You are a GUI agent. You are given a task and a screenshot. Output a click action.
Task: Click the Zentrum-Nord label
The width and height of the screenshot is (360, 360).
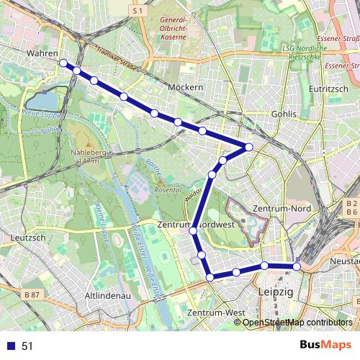[282, 209]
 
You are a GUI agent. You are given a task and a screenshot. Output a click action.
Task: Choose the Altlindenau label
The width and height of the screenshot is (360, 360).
[107, 295]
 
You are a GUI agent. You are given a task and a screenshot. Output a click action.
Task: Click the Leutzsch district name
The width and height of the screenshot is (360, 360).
[29, 237]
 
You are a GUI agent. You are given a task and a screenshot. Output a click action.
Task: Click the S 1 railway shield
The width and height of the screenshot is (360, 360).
[139, 11]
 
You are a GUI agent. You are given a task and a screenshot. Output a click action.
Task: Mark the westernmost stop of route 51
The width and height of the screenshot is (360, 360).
[63, 63]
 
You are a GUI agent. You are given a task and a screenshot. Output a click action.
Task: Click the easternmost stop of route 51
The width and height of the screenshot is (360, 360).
[296, 267]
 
